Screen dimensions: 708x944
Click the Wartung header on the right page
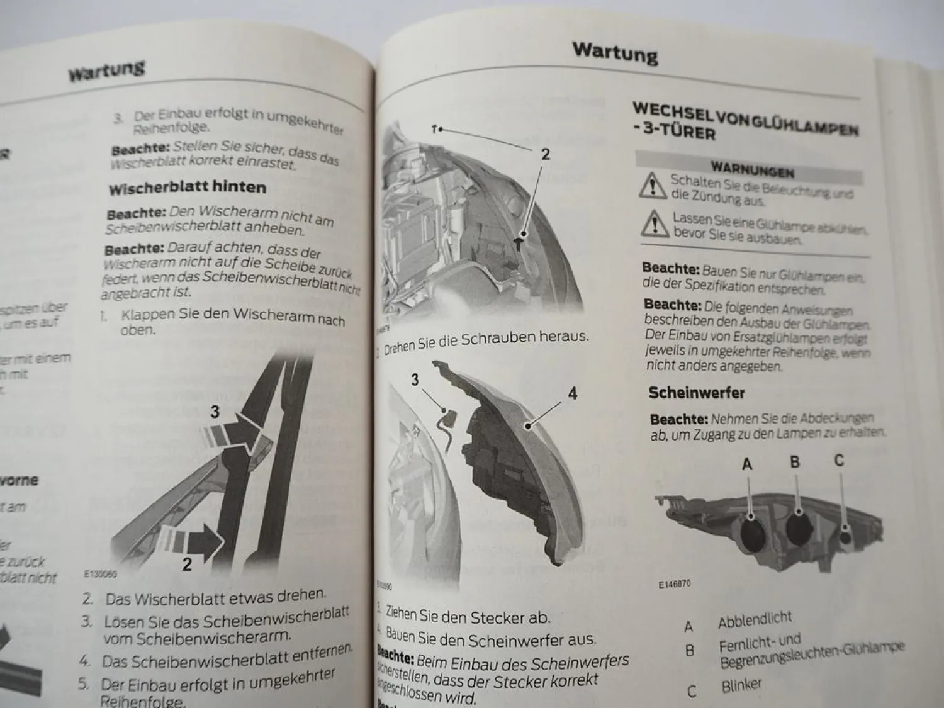(615, 53)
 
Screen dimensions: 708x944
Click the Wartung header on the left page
(106, 70)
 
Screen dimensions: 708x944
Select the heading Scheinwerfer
(696, 393)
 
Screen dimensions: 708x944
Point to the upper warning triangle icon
(653, 186)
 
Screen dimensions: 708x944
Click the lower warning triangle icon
(655, 223)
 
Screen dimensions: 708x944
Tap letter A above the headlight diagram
(747, 464)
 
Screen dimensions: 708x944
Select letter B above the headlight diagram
(795, 462)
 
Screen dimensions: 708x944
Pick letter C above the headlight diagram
(839, 461)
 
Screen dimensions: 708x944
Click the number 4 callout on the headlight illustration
(572, 393)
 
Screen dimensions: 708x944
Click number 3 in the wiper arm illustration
(215, 412)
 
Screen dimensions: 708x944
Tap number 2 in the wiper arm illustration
(187, 564)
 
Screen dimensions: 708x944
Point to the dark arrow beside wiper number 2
(205, 540)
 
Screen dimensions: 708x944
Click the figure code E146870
(674, 584)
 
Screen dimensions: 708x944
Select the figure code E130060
(100, 574)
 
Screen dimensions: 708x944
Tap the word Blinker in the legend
(741, 685)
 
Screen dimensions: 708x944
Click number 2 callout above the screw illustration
(546, 154)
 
